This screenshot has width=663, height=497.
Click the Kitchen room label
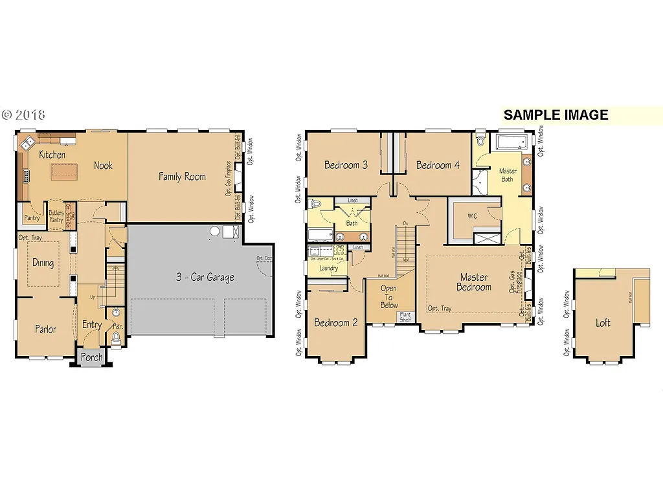point(52,155)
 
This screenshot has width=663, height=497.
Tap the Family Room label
point(182,176)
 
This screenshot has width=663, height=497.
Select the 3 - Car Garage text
point(205,278)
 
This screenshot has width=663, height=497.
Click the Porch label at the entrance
point(91,357)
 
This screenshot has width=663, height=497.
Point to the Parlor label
point(45,329)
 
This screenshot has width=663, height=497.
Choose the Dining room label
point(43,263)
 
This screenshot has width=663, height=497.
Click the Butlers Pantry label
point(56,216)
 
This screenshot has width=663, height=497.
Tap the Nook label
point(103,165)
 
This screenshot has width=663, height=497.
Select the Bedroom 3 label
point(346,165)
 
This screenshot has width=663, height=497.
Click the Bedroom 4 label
point(438,165)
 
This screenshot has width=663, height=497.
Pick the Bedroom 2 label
point(336,323)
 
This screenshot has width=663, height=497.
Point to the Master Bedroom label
point(473,282)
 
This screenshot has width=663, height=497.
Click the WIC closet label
point(472,216)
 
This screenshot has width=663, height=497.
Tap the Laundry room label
point(328,268)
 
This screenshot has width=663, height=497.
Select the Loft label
point(603,323)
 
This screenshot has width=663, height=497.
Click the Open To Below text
point(388,297)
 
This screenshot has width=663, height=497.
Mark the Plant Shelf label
point(405,317)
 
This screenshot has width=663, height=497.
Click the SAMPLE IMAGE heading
point(556,115)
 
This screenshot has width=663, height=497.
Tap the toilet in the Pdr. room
point(117,337)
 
